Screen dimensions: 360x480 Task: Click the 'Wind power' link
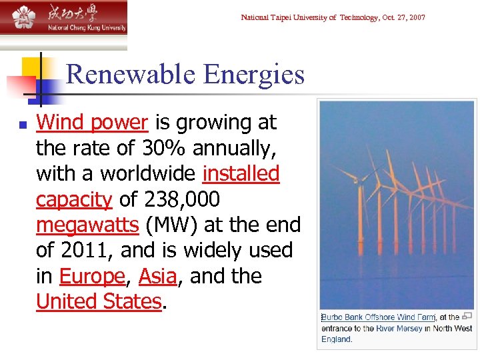(92, 123)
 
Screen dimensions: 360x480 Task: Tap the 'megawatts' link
(87, 225)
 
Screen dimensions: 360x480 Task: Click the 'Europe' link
(92, 276)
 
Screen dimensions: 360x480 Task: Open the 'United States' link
(99, 301)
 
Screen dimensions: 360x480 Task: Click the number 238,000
(180, 200)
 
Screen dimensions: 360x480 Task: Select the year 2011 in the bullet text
(85, 251)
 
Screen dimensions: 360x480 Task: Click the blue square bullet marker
(22, 124)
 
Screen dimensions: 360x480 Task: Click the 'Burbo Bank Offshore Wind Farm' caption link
(378, 317)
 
